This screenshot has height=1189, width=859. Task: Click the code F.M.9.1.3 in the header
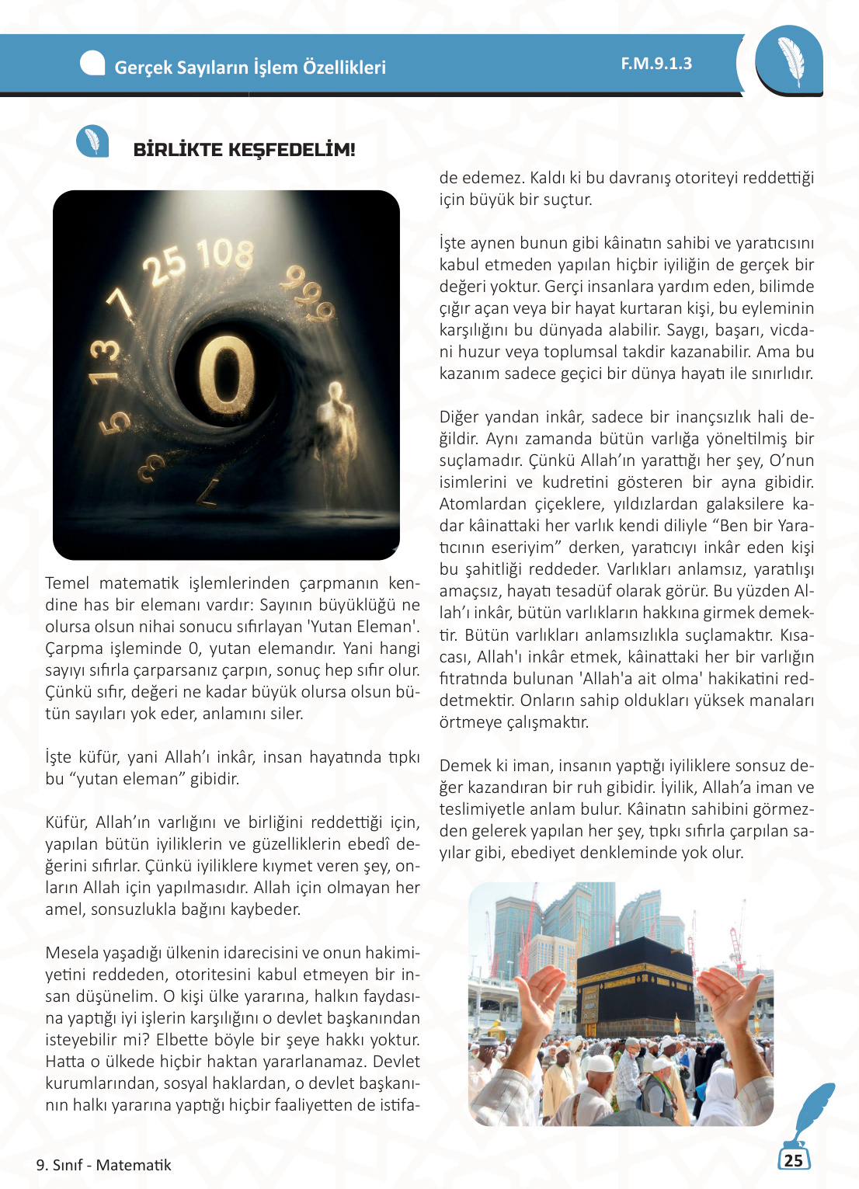click(x=656, y=64)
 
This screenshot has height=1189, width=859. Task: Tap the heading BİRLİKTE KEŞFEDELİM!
click(x=244, y=150)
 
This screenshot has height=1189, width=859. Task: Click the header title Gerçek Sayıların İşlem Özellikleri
click(x=250, y=68)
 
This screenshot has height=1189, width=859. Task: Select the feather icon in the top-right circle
click(x=791, y=61)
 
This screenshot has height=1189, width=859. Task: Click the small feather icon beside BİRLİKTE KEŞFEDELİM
click(x=92, y=141)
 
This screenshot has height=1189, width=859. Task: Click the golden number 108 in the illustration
click(x=225, y=255)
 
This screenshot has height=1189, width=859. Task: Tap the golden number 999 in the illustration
click(x=308, y=293)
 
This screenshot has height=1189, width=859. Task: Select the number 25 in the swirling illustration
click(x=165, y=265)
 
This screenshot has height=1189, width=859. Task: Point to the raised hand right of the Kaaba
click(x=727, y=998)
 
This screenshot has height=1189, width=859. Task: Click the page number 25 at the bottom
click(x=793, y=1160)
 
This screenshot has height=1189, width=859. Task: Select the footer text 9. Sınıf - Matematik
click(x=103, y=1165)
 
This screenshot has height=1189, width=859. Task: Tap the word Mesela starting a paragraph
click(x=72, y=953)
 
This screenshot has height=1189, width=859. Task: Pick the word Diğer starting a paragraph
click(x=461, y=417)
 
